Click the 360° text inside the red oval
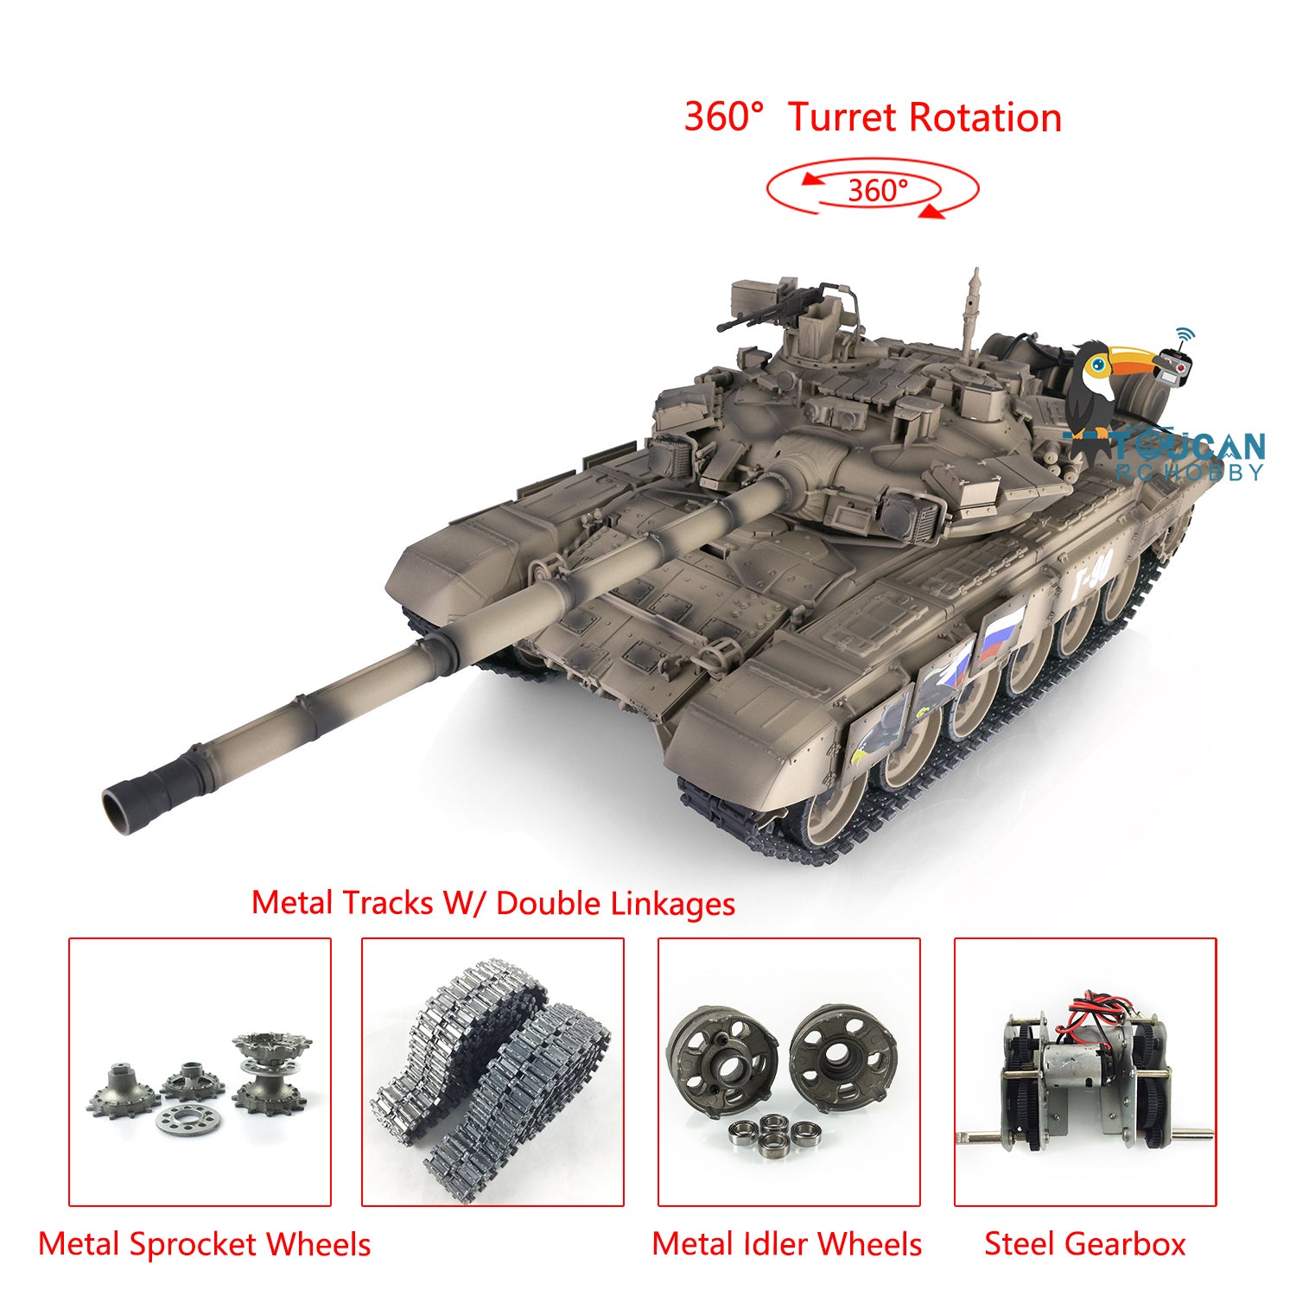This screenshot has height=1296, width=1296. [877, 190]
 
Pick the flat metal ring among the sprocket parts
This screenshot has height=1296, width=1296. [188, 1120]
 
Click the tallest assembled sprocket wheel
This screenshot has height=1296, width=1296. [270, 1072]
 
